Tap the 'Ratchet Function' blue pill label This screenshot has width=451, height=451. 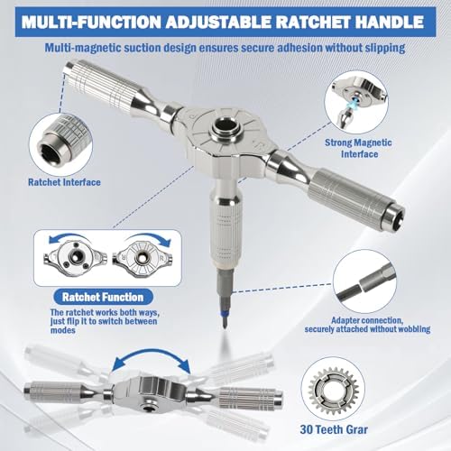103,297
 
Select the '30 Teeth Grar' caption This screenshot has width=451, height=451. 334,429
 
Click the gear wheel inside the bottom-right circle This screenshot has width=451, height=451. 334,391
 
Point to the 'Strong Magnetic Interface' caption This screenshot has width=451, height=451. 358,148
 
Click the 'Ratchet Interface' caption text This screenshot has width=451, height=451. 64,182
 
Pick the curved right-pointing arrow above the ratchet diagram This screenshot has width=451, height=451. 148,236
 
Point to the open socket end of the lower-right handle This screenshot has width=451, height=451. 396,214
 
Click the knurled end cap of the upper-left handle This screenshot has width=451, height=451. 71,68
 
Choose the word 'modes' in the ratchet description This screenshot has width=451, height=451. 63,330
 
